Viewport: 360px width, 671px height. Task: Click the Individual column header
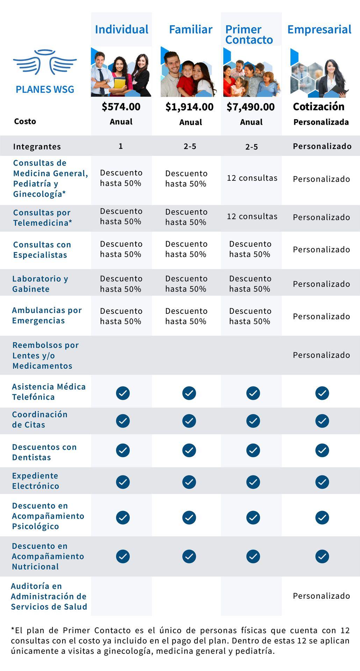point(122,29)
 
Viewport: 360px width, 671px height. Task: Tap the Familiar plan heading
point(190,29)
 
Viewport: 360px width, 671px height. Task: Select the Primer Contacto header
point(249,34)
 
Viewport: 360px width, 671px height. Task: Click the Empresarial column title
point(319,30)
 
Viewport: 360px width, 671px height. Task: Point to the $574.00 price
point(121,107)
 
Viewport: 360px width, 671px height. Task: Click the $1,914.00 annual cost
point(189,107)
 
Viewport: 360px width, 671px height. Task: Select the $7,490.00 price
point(251,107)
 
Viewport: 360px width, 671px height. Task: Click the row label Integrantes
point(37,146)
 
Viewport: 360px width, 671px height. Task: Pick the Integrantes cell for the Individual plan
point(121,146)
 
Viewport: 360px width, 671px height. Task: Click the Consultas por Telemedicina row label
point(43,218)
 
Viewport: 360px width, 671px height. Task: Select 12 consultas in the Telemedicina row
point(252,216)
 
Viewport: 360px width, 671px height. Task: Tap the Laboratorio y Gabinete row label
point(40,284)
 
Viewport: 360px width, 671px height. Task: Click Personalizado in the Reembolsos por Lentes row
point(321,355)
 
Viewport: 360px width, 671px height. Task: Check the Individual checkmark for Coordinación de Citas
point(123,421)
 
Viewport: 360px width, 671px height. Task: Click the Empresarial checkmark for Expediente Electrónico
point(322,482)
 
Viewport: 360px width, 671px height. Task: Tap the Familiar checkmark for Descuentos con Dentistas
point(189,450)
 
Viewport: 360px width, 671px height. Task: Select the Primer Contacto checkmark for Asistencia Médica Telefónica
point(253,393)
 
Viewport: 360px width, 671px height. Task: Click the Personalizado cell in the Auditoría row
point(321,596)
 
